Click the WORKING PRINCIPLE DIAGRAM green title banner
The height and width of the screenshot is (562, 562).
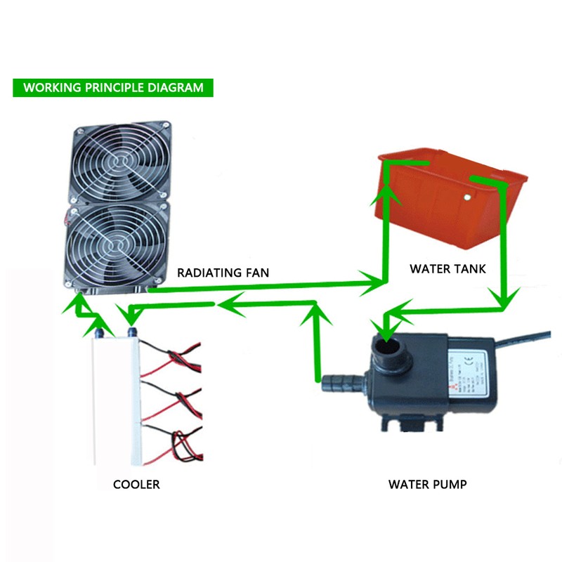113,88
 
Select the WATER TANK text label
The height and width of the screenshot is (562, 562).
447,268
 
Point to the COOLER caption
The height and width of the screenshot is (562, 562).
136,484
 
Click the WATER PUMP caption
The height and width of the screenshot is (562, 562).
427,484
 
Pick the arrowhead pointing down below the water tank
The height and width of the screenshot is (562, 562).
504,299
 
